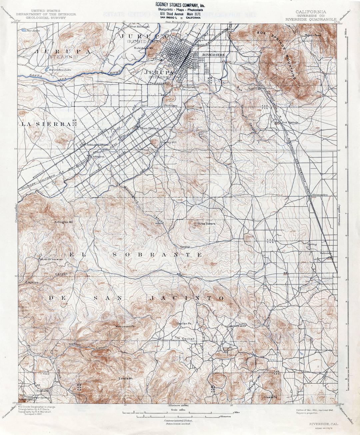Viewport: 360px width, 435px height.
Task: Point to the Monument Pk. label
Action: click(125, 326)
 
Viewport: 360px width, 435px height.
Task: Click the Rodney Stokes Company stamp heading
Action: click(180, 4)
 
